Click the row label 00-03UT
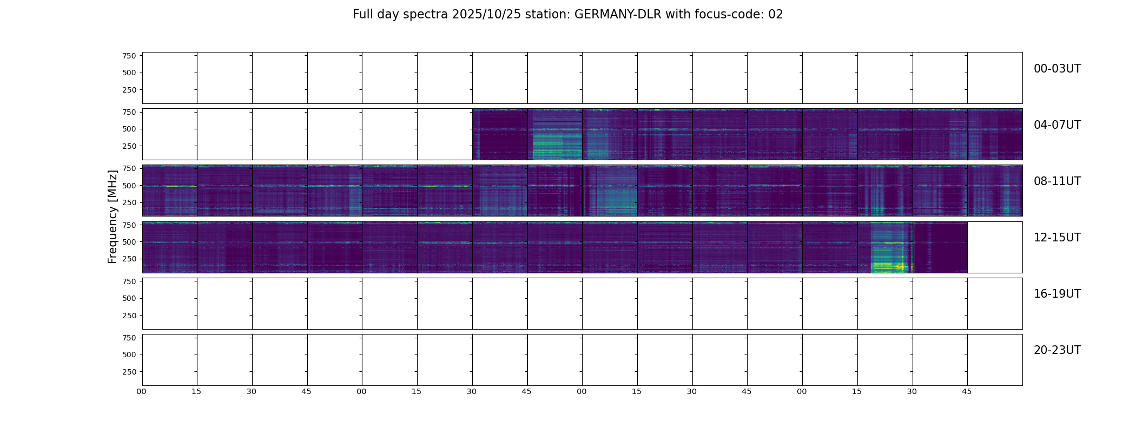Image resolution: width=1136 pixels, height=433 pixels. (x=1057, y=69)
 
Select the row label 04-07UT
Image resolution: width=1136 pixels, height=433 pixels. (x=1057, y=125)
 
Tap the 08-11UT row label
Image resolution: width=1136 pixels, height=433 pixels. (x=1057, y=181)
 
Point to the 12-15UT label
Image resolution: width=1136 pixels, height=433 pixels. (x=1057, y=238)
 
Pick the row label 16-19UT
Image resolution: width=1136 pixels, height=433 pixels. (x=1057, y=294)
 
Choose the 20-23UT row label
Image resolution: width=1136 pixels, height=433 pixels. (x=1057, y=350)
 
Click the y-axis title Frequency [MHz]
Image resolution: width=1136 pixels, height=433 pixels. (x=113, y=216)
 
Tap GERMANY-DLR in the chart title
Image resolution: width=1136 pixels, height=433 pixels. (x=617, y=15)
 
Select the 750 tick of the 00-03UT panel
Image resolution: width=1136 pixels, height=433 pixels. (x=129, y=56)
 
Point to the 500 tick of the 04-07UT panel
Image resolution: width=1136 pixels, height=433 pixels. (x=129, y=129)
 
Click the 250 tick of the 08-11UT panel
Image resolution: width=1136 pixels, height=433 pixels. (x=129, y=203)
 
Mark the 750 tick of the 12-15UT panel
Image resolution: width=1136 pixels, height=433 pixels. (x=129, y=225)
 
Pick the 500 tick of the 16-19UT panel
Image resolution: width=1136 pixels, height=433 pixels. (x=129, y=298)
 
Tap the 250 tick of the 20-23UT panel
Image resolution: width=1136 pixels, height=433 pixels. (x=129, y=372)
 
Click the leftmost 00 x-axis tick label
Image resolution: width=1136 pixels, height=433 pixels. (x=142, y=391)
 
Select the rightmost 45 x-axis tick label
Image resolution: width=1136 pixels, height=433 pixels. (x=967, y=391)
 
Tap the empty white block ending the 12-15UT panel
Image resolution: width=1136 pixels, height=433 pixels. (x=994, y=247)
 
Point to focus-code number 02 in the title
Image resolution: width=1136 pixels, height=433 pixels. (x=776, y=15)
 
